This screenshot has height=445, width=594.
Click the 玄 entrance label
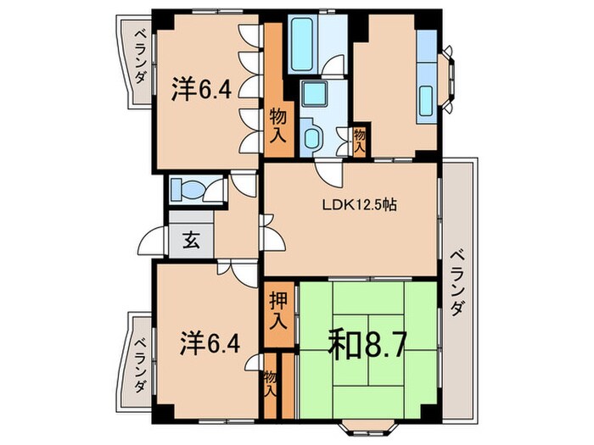(x=191, y=240)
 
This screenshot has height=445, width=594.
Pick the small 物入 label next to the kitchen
(x=360, y=138)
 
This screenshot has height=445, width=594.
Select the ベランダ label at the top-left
(x=140, y=57)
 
